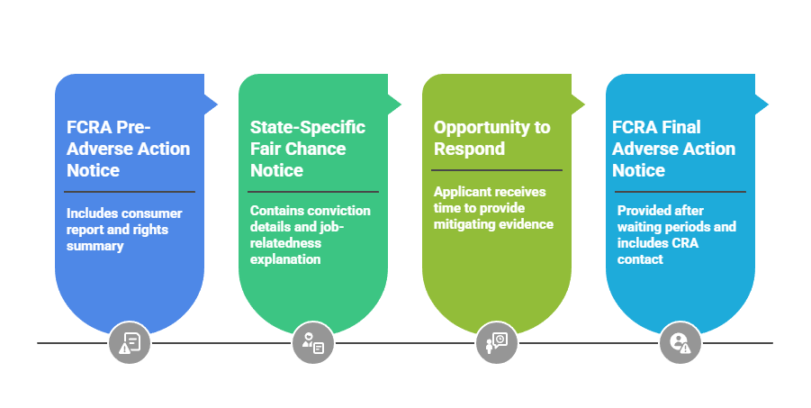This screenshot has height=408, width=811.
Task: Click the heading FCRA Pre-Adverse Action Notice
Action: tap(128, 149)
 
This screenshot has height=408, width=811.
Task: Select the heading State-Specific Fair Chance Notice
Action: tap(308, 149)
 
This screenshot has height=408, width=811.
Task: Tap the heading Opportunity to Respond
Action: tap(491, 138)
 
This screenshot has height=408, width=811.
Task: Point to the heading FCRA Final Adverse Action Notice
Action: tap(673, 149)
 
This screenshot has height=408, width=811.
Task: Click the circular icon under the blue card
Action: tap(130, 342)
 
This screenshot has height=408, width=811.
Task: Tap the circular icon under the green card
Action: tap(313, 342)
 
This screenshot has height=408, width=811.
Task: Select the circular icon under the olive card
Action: tap(497, 342)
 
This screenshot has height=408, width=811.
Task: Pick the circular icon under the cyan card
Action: tap(680, 342)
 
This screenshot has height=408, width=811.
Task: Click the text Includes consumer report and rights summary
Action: tap(124, 229)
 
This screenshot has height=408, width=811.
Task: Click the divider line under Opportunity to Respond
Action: tap(497, 169)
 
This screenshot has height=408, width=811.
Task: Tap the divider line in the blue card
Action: tap(130, 192)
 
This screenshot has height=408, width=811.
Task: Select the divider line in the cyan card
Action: tap(680, 192)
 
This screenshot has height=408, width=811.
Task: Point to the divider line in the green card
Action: tap(313, 192)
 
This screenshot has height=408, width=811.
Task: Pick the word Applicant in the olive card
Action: tap(464, 192)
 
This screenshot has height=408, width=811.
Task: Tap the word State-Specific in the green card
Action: tap(308, 127)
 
